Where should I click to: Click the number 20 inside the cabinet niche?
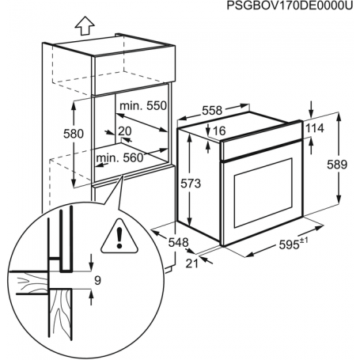(125, 131)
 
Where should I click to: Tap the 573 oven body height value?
(202, 184)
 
